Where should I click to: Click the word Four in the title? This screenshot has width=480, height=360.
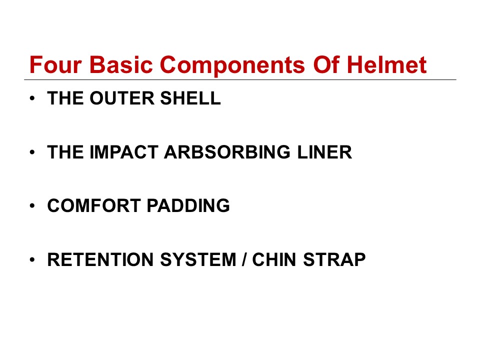click(x=55, y=65)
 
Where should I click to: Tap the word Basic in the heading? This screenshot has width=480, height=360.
click(x=121, y=65)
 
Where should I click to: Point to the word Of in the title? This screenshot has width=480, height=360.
click(x=326, y=65)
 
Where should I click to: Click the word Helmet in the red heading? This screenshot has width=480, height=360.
click(x=386, y=65)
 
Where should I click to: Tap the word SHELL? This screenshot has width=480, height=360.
click(x=190, y=98)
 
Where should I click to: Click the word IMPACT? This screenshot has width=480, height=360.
click(x=123, y=152)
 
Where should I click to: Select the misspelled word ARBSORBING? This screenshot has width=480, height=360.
click(x=227, y=152)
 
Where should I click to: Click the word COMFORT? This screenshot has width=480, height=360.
click(x=93, y=205)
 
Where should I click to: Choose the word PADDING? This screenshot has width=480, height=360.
click(x=188, y=205)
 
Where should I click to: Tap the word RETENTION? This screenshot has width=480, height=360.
click(x=100, y=259)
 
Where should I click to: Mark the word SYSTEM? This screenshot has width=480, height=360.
click(x=198, y=259)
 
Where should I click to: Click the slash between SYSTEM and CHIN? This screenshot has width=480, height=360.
click(x=244, y=259)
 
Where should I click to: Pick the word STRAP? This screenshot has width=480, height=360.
click(x=334, y=259)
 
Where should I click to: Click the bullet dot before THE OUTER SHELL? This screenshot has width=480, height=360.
click(x=32, y=98)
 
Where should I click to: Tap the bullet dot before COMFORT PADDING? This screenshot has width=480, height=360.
click(x=32, y=206)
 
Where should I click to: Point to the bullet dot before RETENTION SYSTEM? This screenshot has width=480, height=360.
click(x=32, y=260)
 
